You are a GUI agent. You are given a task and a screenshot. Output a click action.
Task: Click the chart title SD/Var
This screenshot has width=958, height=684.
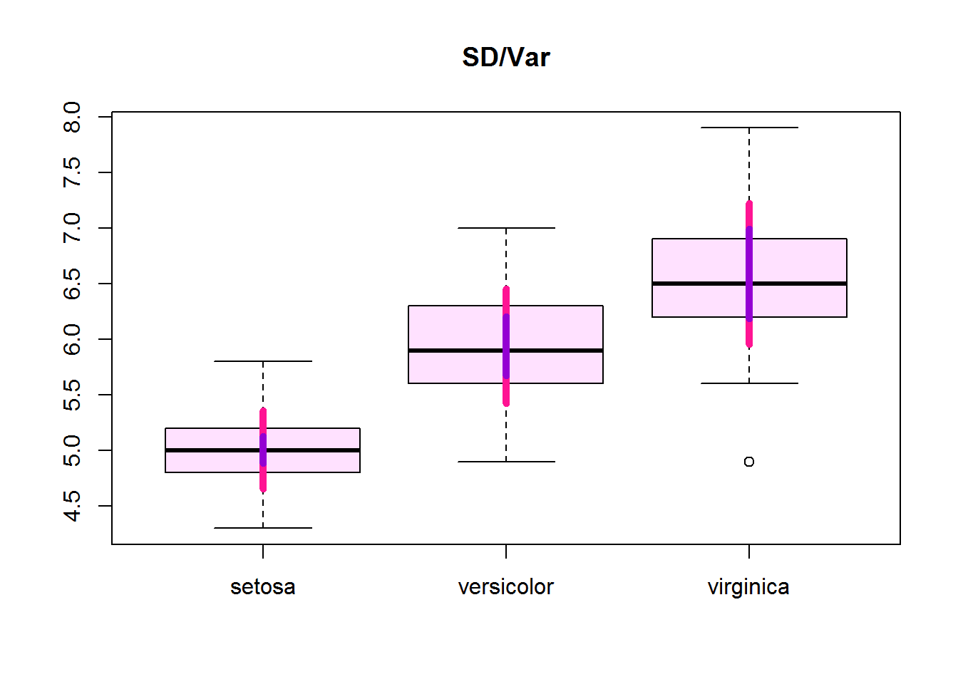505,57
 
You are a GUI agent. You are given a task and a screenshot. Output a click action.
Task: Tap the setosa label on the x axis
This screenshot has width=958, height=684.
262,586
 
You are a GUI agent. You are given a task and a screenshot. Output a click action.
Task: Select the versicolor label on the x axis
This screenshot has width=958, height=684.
505,586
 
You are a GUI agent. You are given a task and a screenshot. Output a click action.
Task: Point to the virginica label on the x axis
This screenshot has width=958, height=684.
748,586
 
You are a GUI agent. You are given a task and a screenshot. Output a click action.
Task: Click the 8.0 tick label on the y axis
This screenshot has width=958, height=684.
72,117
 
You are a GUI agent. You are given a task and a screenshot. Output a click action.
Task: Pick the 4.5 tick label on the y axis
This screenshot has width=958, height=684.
72,506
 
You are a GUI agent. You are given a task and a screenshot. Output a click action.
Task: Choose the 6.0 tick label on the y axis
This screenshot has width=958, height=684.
72,339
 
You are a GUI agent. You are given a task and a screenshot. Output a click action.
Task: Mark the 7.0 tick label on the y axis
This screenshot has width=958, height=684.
72,228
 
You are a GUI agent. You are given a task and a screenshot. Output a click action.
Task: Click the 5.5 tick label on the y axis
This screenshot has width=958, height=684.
72,395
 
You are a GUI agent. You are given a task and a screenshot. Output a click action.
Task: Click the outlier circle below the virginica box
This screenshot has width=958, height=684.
749,462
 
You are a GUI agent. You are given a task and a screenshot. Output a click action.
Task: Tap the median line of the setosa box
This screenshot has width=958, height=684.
214,450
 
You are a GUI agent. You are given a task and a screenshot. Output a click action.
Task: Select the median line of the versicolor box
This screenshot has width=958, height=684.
456,351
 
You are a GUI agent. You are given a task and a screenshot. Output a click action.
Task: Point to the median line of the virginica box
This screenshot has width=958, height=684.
699,284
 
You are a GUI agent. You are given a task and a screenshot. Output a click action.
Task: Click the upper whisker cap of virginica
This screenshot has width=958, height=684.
749,128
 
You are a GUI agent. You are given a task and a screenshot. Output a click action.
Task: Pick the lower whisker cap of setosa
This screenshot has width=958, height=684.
263,528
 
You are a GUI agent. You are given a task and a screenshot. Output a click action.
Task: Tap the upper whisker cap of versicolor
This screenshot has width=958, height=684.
506,228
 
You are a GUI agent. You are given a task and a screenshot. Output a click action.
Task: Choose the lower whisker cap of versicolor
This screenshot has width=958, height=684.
506,462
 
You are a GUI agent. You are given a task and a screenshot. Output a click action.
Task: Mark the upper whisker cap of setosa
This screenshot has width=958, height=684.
263,361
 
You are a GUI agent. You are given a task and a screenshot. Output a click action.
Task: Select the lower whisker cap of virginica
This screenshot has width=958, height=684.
749,383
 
